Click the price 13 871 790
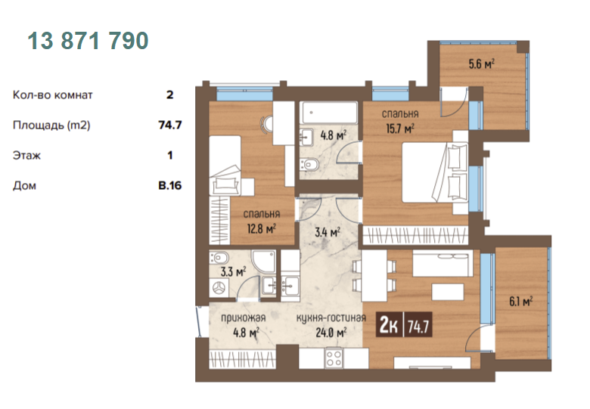point(88,41)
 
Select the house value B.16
point(169,185)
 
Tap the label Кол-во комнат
point(53,95)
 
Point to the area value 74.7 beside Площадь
point(170,125)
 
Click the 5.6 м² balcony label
point(481,64)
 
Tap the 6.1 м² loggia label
point(520,301)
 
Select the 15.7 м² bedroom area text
point(400,129)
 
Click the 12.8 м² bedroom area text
point(262,228)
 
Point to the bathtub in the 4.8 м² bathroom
point(328,113)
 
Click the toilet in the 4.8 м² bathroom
point(309,164)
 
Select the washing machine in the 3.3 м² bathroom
point(219,288)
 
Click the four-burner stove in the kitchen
point(334,358)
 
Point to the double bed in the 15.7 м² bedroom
point(435,172)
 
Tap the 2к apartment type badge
point(389,325)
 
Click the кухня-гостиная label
point(331,318)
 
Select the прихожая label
point(243,318)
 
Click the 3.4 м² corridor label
point(328,232)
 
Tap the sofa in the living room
point(442,263)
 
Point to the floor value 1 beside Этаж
point(170,155)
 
